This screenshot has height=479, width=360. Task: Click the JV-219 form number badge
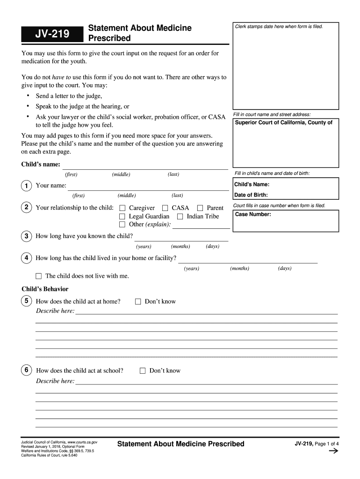51,34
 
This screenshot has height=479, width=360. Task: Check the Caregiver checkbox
122,208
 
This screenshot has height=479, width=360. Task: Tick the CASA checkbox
165,208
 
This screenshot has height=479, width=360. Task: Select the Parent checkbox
200,208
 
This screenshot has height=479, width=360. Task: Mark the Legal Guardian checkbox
122,217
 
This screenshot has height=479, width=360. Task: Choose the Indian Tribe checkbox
180,217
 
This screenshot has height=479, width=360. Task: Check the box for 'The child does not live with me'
39,276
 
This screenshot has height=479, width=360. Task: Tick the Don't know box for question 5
138,302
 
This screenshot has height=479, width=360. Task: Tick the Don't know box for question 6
143,371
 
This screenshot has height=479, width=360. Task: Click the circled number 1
27,186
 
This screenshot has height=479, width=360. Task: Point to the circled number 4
27,258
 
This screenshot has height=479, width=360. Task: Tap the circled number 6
27,370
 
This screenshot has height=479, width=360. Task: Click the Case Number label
252,214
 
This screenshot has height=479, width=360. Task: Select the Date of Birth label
251,195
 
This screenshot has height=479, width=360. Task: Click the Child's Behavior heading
45,289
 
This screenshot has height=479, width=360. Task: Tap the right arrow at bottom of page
333,451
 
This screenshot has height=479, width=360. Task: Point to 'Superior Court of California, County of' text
283,123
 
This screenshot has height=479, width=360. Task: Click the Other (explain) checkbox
122,225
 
